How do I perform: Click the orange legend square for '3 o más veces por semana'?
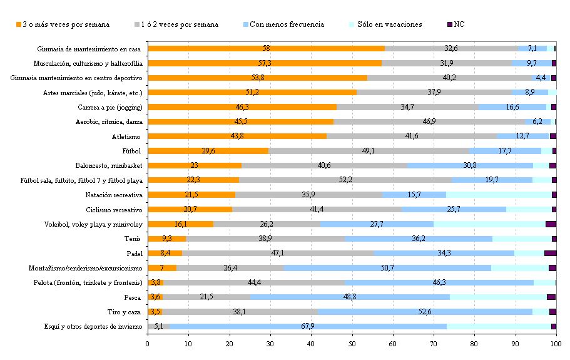tap(19, 25)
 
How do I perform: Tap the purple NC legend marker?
tap(450, 25)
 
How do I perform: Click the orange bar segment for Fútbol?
tap(208, 151)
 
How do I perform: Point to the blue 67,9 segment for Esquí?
tap(307, 326)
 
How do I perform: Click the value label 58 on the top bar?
tap(266, 48)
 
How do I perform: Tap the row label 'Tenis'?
tap(133, 239)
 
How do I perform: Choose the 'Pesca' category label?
tap(131, 297)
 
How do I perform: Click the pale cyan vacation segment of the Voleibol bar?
tap(489, 224)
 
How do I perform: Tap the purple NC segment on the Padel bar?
tap(550, 253)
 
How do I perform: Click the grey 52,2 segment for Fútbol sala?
tap(345, 180)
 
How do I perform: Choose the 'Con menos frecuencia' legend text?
tap(287, 25)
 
